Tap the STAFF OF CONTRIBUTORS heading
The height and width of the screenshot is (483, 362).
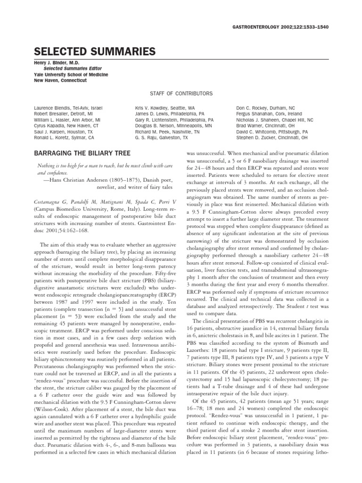pyautogui.click(x=181, y=94)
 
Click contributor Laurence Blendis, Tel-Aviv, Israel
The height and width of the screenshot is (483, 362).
pyautogui.click(x=68, y=108)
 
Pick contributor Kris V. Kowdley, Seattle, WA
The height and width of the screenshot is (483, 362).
pyautogui.click(x=165, y=108)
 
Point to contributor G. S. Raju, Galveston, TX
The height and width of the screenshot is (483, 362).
pyautogui.click(x=158, y=138)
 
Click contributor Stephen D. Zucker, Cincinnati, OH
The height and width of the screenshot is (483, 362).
pyautogui.click(x=271, y=138)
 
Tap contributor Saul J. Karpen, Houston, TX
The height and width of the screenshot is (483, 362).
pyautogui.click(x=64, y=132)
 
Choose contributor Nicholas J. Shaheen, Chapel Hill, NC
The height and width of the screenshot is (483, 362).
pyautogui.click(x=274, y=120)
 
